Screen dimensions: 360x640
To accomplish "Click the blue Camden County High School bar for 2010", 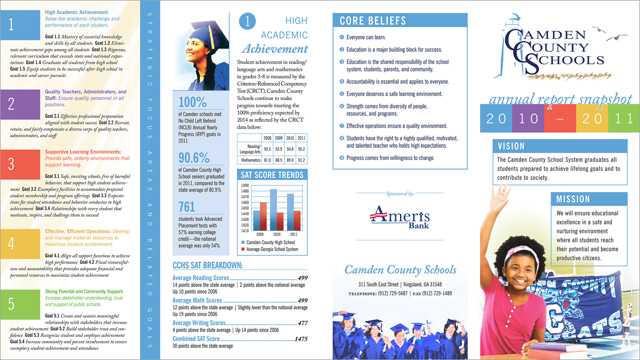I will click(273, 210).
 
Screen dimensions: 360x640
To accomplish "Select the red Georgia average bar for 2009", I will click(263, 217).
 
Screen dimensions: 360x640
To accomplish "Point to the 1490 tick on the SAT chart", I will click(245, 185).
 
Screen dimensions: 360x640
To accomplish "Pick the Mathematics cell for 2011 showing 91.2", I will click(301, 160).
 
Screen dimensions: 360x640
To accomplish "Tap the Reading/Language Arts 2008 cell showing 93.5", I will click(267, 149).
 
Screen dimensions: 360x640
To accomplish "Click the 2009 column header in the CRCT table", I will click(279, 138).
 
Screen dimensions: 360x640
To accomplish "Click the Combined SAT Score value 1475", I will click(301, 339).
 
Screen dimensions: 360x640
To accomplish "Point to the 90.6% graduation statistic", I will click(194, 158).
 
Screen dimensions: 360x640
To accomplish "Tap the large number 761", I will click(187, 207).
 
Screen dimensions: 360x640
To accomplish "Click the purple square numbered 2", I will click(20, 104).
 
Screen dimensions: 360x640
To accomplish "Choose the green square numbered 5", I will click(20, 304).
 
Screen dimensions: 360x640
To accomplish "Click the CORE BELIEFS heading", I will click(373, 21).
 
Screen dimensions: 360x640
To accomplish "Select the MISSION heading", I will click(573, 199).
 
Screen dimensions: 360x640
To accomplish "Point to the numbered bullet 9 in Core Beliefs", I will click(342, 158).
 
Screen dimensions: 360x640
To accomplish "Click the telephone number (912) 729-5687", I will click(392, 294).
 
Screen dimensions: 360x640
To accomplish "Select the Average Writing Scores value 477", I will click(303, 323).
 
